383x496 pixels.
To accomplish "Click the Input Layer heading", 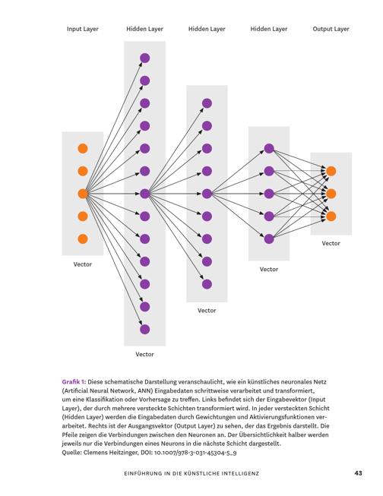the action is (x=83, y=29).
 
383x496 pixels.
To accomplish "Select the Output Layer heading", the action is (x=331, y=29).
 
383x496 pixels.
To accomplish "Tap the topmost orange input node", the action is (x=83, y=148).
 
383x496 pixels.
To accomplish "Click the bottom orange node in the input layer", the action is (x=83, y=239).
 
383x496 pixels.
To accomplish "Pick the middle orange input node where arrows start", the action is (x=83, y=194).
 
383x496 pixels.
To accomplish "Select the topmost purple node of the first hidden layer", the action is (x=144, y=58).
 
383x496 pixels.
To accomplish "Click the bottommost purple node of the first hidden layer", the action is (x=144, y=330).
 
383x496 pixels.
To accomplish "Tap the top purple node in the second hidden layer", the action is (x=207, y=103).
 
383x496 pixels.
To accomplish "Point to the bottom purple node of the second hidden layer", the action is (x=207, y=284).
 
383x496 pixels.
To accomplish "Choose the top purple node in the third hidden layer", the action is (x=269, y=148).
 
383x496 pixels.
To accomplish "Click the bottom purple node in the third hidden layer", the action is (x=269, y=239).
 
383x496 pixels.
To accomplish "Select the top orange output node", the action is (x=331, y=171).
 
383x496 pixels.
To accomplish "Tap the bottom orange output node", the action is (x=331, y=216).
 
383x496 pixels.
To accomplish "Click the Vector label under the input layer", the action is (x=83, y=264).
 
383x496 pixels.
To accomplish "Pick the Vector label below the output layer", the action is (x=331, y=243).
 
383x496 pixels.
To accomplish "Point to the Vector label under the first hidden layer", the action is (x=144, y=354).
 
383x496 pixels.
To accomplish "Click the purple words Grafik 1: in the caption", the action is (x=74, y=382).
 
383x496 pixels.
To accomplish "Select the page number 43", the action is (x=358, y=473).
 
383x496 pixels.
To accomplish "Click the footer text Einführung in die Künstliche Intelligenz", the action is (x=191, y=473).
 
